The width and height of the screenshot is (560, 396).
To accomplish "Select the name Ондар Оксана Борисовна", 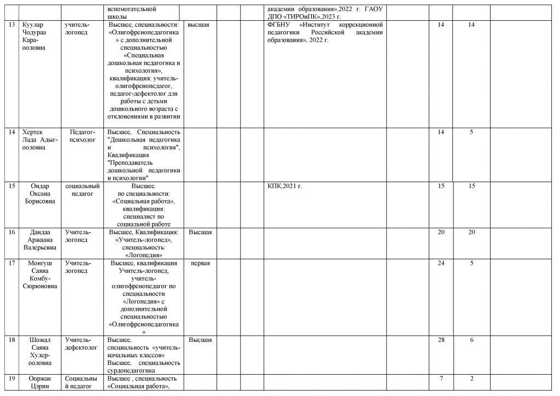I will point(39,194).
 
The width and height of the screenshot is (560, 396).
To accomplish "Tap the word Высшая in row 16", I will point(200,232).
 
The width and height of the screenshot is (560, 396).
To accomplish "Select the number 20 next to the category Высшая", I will point(441,232).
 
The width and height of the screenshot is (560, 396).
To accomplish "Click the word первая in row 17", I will point(200,263).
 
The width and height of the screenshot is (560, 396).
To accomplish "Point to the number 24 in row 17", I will point(441,263).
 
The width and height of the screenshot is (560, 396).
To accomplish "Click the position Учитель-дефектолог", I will point(81,343).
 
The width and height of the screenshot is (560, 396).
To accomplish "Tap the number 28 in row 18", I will point(441,340).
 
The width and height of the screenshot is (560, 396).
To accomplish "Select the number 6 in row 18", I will point(471,340).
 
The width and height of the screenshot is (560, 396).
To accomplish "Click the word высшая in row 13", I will point(199,25).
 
